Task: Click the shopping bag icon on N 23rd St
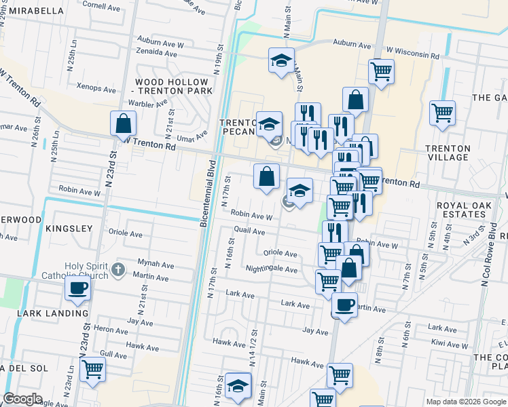[123, 123]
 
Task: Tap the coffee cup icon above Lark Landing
[77, 288]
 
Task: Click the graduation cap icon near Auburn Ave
[281, 61]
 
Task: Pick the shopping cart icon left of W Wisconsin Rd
[382, 71]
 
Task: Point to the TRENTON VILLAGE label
[447, 153]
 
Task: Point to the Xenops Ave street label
[96, 88]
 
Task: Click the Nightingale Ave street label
[271, 269]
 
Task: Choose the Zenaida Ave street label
[156, 52]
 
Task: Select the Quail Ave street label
[249, 231]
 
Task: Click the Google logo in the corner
[23, 399]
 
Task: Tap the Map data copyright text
[466, 402]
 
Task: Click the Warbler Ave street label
[151, 104]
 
